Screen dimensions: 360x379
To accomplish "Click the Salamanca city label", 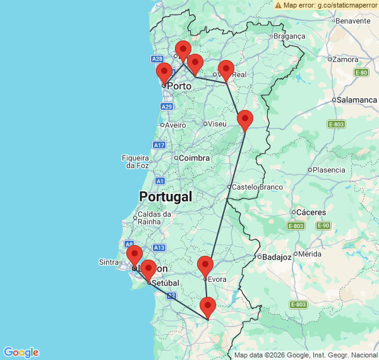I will tap(357, 100).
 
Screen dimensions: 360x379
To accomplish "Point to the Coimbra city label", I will tap(194, 158).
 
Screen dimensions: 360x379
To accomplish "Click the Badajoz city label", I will tap(277, 257).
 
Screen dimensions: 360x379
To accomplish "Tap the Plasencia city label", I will tap(329, 170).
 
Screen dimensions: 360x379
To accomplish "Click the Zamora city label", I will tap(345, 60).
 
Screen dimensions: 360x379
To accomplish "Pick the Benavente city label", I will tap(352, 21).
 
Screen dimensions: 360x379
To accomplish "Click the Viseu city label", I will tap(217, 124).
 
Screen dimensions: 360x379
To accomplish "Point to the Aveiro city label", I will tap(176, 125).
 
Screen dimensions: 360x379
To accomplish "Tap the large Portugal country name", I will tap(165, 196).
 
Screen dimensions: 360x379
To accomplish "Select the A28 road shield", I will tap(158, 59).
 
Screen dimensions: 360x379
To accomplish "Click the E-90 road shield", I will tap(323, 225).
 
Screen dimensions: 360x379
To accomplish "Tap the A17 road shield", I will tap(159, 145).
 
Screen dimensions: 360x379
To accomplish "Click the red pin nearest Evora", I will tap(205, 266).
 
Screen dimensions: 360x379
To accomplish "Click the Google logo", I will tap(21, 352).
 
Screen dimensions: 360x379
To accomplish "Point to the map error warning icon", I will tap(279, 4).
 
